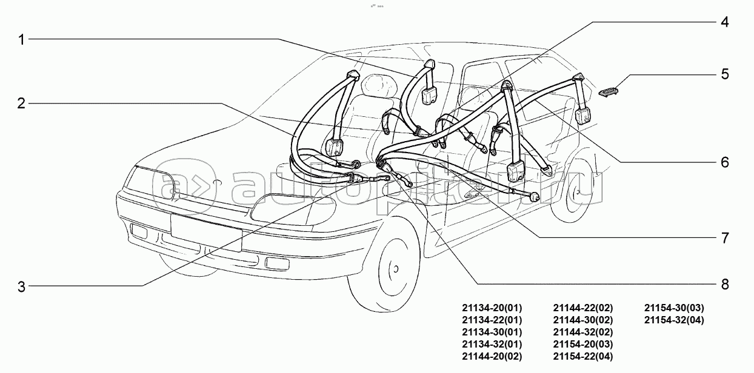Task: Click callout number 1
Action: (x=21, y=40)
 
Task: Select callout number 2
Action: (x=21, y=104)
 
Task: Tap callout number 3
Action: (x=21, y=287)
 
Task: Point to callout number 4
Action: (x=724, y=22)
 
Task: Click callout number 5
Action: (x=724, y=74)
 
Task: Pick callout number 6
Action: (x=724, y=162)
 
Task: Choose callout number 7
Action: (x=724, y=237)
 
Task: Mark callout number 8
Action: (x=724, y=284)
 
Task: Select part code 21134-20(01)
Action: (x=492, y=308)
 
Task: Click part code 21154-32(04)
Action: (x=674, y=320)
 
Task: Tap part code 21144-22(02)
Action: (x=583, y=308)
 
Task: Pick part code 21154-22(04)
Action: (x=583, y=356)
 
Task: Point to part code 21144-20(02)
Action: (x=492, y=356)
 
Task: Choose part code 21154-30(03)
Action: (x=674, y=308)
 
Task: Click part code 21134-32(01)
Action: (x=492, y=344)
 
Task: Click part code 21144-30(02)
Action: (x=583, y=320)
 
